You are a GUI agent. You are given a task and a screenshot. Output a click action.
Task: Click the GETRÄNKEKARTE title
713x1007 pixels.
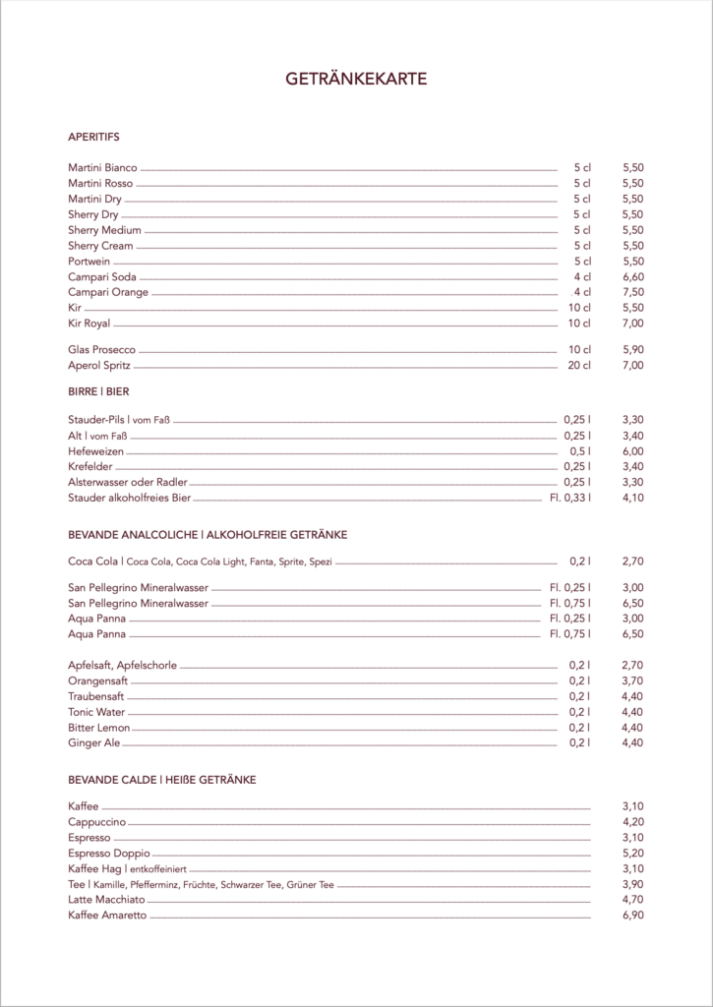tap(356, 80)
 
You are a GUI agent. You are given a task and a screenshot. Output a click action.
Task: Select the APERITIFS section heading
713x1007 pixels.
tap(93, 137)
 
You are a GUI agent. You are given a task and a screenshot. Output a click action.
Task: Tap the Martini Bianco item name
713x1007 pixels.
tap(102, 167)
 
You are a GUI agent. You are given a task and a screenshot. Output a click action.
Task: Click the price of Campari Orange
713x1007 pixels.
tap(632, 293)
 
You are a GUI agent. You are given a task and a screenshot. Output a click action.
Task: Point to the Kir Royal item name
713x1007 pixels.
tap(89, 324)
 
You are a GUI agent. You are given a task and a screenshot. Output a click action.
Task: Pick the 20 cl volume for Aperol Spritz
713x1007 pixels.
tap(579, 366)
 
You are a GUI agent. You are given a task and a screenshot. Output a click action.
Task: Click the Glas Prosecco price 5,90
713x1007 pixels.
tap(632, 350)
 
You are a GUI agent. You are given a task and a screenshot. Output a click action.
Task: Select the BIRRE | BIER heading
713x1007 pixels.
tap(98, 391)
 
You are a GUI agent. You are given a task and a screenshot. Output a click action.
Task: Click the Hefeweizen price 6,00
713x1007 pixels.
tap(632, 451)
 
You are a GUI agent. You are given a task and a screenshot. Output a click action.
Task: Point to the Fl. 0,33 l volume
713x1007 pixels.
tap(570, 499)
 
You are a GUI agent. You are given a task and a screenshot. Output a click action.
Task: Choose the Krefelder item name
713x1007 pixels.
tap(91, 467)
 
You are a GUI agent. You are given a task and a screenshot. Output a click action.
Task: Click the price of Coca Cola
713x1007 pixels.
tap(632, 562)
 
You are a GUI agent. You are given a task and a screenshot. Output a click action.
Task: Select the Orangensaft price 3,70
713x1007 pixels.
tap(632, 681)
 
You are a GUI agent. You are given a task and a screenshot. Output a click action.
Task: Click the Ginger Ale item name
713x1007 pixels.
tap(94, 743)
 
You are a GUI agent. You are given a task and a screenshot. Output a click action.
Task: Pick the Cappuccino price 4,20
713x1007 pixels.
tap(632, 822)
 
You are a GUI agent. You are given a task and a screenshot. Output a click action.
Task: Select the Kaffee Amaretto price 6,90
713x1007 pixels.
tap(632, 916)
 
